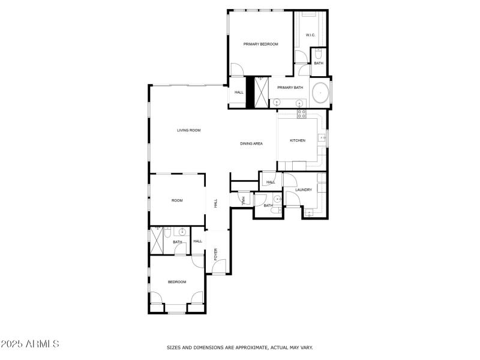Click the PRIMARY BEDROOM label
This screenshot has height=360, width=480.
point(260,44)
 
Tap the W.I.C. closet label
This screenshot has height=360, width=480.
point(310,35)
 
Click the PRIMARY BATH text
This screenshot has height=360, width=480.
point(290,88)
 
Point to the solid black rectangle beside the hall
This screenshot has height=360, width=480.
point(250,92)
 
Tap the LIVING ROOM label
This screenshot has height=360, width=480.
point(188,130)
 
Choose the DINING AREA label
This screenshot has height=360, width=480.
point(251,143)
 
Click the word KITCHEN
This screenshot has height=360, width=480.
point(298,140)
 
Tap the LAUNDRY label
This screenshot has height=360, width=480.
point(304,190)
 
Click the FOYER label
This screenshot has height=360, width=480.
point(216,253)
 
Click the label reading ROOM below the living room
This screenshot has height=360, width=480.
point(177,200)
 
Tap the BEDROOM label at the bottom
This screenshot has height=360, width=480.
point(177,282)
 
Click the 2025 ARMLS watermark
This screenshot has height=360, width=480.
point(30,344)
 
